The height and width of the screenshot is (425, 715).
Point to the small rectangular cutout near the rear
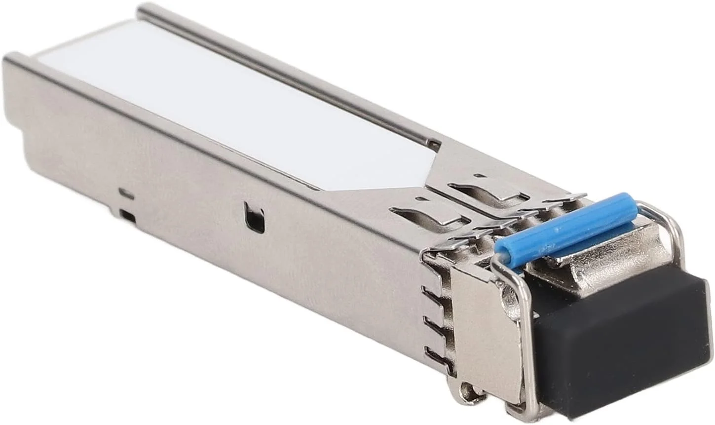(128, 215)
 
